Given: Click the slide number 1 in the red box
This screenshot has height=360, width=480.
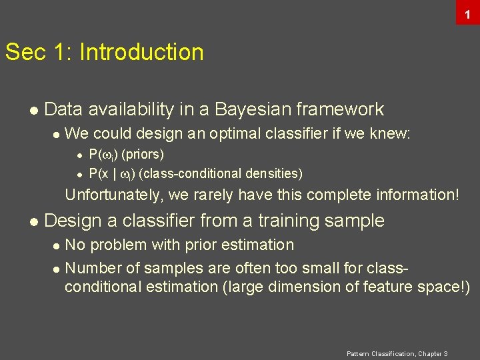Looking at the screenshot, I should click(468, 13).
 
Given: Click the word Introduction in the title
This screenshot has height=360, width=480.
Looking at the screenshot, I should click(141, 52).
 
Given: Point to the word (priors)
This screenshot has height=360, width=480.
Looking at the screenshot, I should click(143, 155).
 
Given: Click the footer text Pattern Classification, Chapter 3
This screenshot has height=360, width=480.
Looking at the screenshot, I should click(397, 353).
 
